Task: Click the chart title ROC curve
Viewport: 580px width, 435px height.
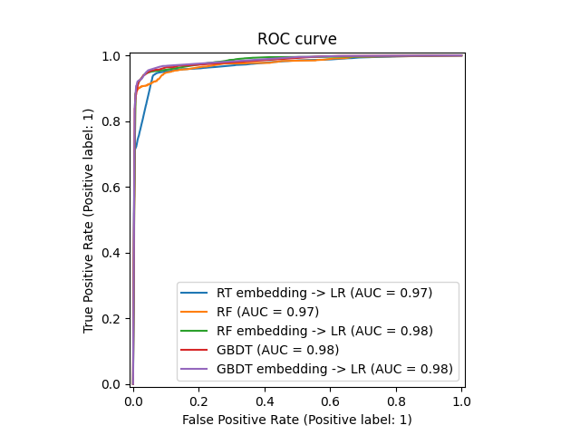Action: point(296,39)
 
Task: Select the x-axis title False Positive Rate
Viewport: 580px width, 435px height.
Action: point(296,420)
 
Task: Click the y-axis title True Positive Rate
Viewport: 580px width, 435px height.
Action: point(89,220)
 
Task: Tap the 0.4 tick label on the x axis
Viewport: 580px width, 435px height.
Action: point(265,400)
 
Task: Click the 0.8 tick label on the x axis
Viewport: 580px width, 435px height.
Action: point(396,400)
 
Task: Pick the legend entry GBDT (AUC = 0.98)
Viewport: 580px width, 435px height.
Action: point(277,350)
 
